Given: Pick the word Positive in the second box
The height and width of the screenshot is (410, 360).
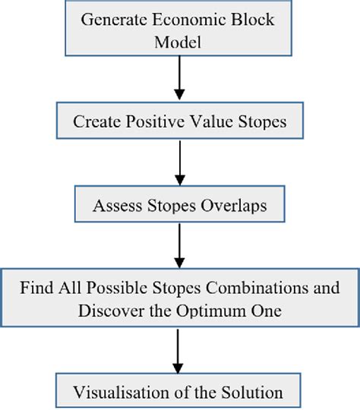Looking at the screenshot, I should click(158, 121).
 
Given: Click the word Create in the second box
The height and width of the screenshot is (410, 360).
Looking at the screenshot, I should click(96, 121).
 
